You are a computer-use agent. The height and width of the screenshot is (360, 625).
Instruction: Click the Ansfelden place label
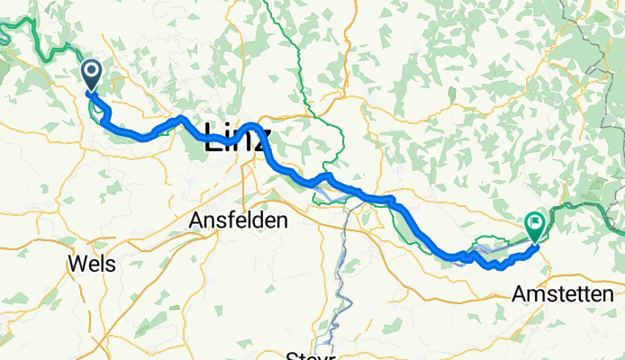(x=238, y=220)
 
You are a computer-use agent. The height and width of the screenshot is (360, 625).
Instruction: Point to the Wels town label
(x=90, y=264)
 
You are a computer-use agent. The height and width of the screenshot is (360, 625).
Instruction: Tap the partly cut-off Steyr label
(x=310, y=355)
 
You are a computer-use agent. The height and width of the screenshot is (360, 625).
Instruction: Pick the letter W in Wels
(x=76, y=264)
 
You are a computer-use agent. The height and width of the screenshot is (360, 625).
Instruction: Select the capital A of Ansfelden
(x=196, y=220)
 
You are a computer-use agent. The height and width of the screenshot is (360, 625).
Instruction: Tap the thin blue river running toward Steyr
(x=340, y=270)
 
